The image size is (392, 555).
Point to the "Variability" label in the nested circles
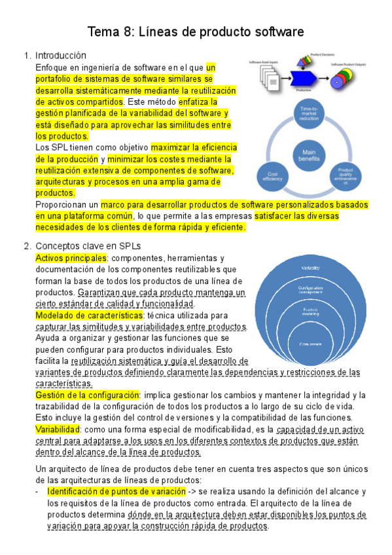[310, 269]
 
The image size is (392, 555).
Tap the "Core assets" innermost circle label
[310, 344]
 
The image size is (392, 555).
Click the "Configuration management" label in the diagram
[310, 290]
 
